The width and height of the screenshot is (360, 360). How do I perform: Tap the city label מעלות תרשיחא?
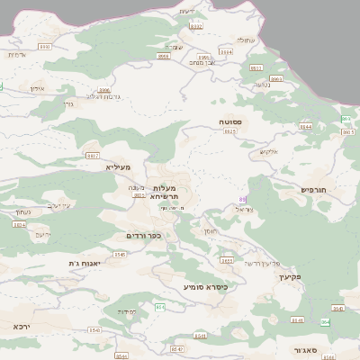pos(165,191)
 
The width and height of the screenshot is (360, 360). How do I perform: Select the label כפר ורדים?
pos(144,236)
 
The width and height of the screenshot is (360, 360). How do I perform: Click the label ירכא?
pos(22,326)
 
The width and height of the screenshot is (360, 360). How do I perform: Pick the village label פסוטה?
pos(229,121)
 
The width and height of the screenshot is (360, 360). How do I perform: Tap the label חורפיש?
pos(315,190)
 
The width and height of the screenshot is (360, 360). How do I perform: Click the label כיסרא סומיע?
pos(205,287)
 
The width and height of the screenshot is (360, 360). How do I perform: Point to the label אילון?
pos(37,89)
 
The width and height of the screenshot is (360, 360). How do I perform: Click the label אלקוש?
pos(269,151)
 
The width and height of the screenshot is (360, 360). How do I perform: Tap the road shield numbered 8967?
pos(93,156)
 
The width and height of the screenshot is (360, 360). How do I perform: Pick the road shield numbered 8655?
pos(227,261)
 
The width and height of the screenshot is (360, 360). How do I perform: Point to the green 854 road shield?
pos(159,308)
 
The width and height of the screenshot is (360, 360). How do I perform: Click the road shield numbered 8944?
pos(305,127)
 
